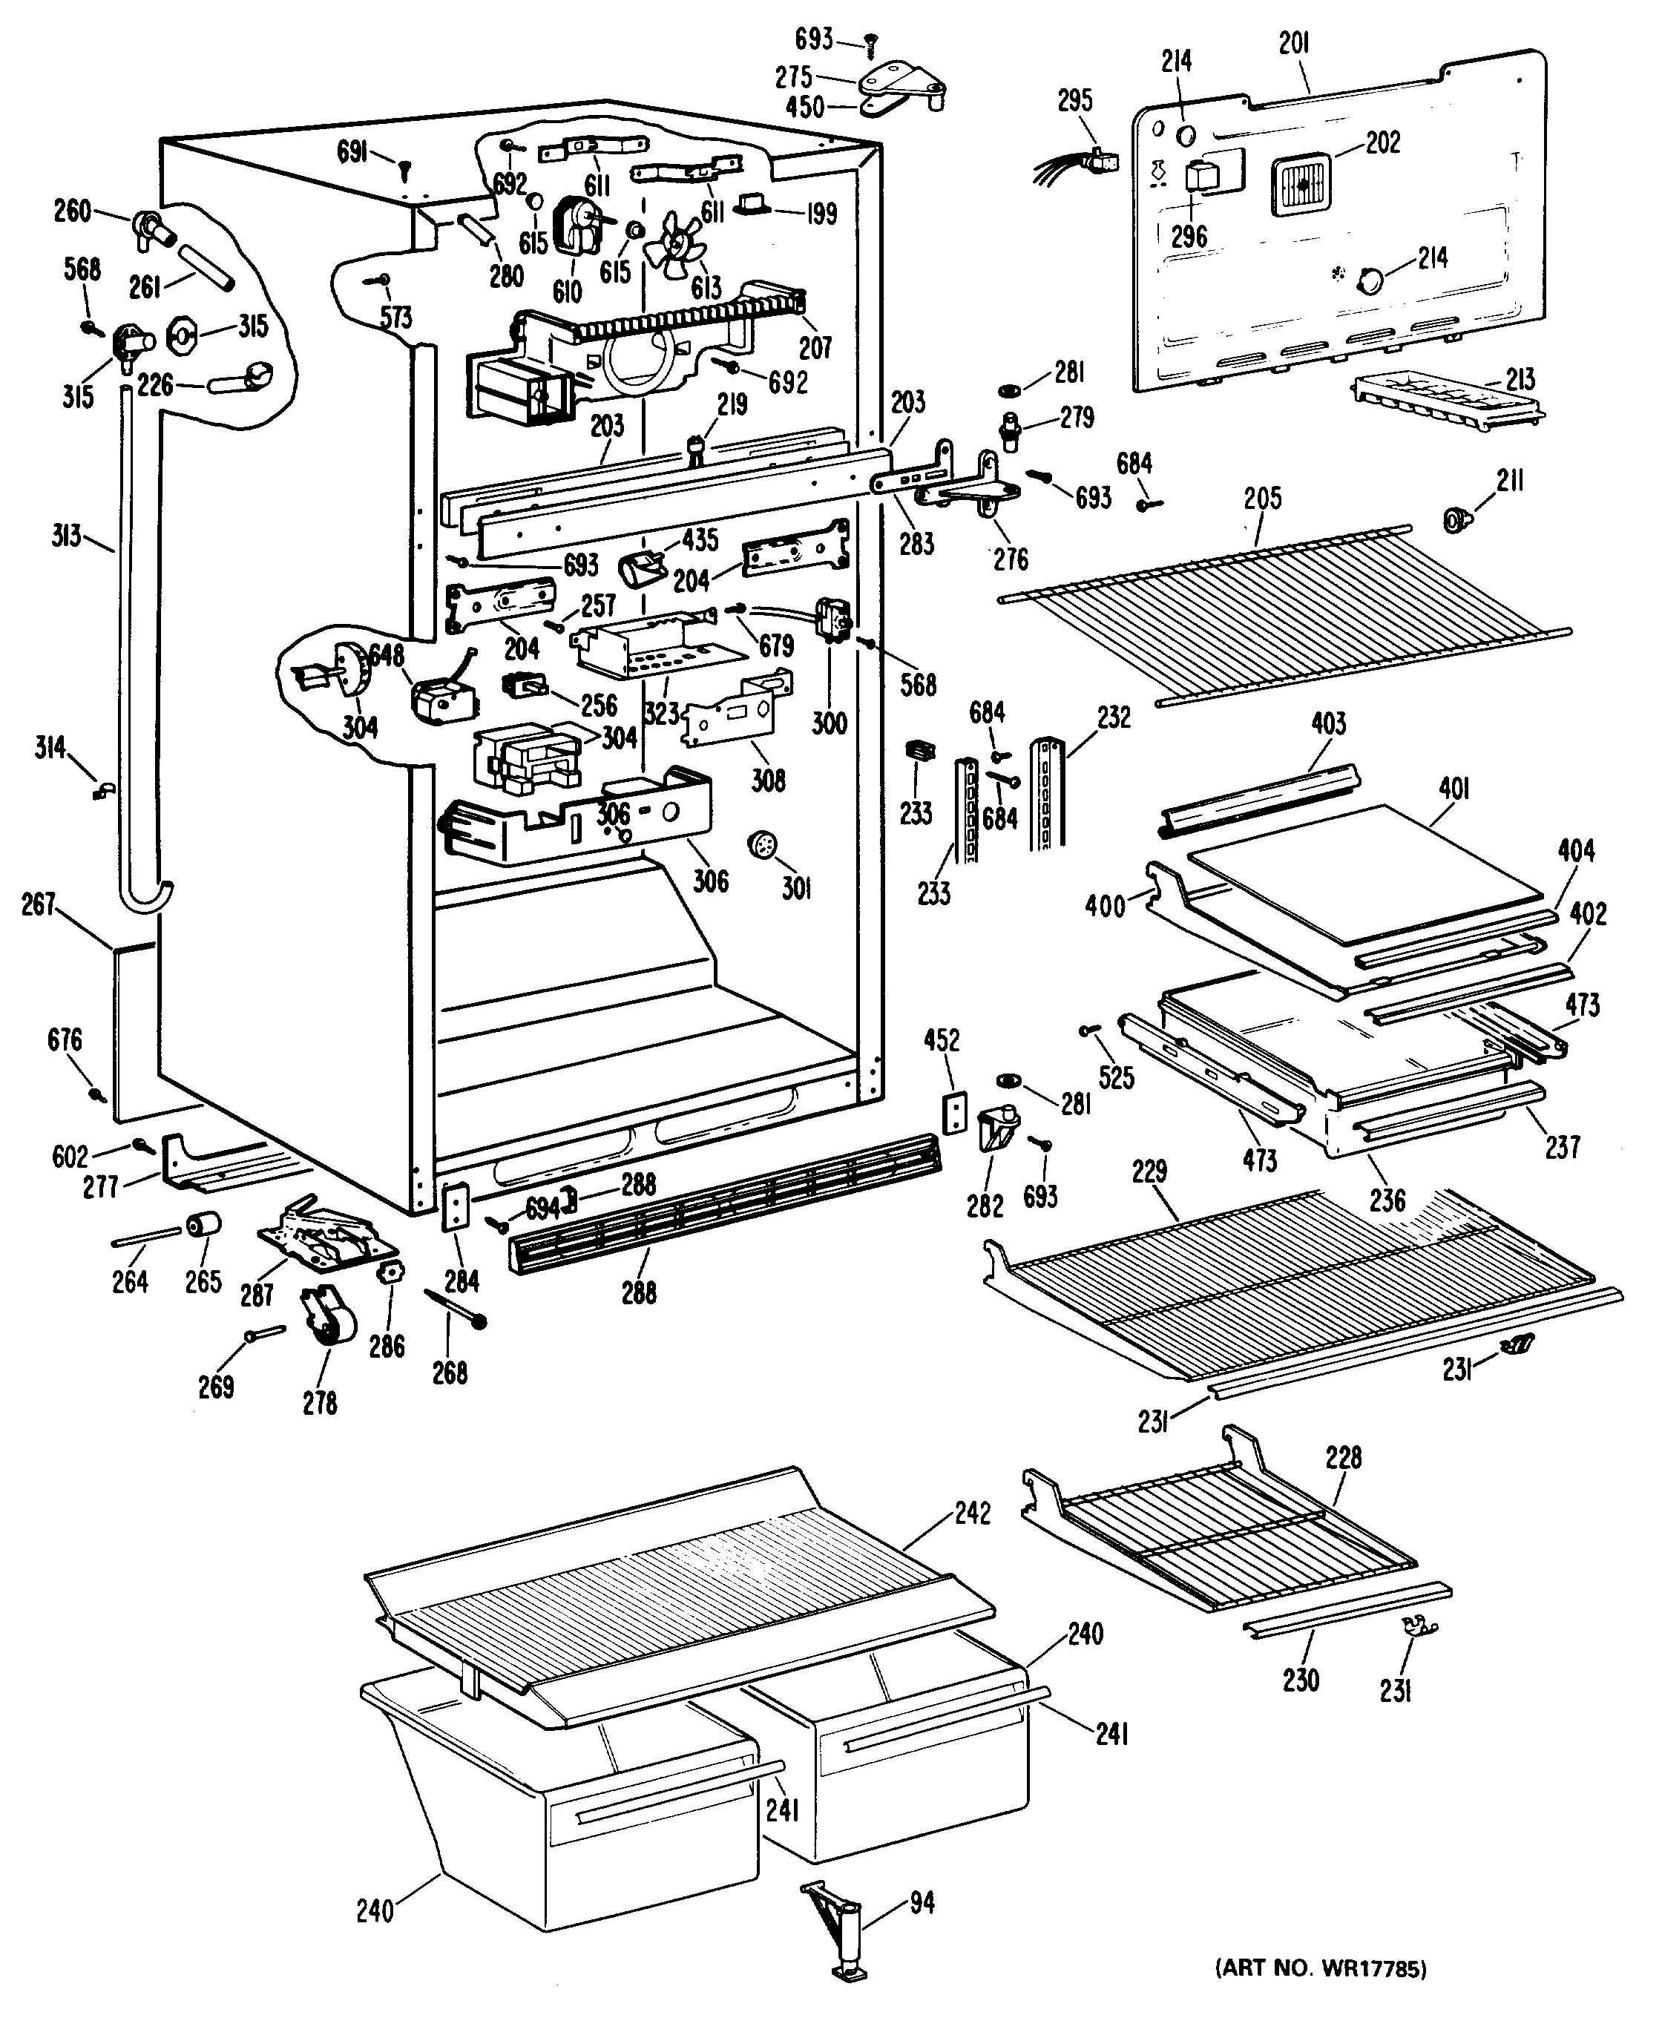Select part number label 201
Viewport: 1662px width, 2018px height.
tap(1293, 44)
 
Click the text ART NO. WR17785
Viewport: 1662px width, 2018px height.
tap(1320, 1962)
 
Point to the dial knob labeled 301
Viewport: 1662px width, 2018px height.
tap(763, 847)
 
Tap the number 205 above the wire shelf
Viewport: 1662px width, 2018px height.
tap(1263, 498)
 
